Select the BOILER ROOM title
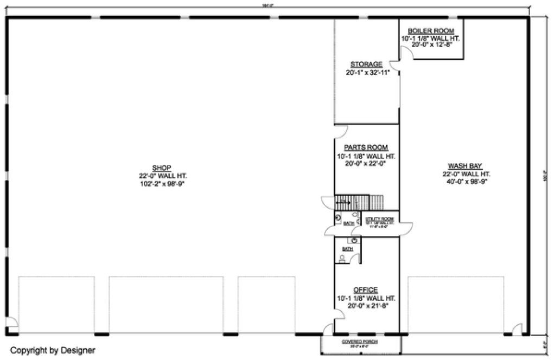point(431,31)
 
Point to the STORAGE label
point(366,64)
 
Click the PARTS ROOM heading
point(366,147)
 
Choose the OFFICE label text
point(365,290)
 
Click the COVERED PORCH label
point(360,342)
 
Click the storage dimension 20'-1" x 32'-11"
point(366,72)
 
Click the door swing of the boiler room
point(405,53)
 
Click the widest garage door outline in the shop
point(166,304)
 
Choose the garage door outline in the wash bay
point(455,304)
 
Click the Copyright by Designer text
point(53,350)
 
